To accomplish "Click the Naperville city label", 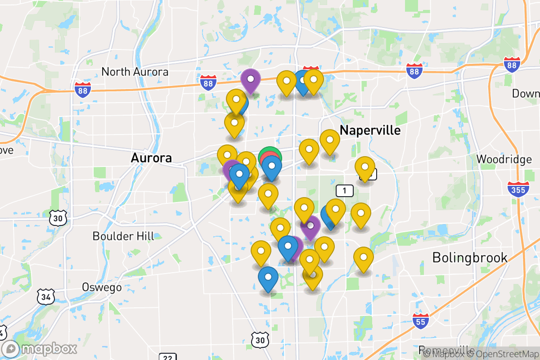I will (x=370, y=130).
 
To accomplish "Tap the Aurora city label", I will (x=151, y=158).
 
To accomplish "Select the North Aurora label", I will (x=135, y=72).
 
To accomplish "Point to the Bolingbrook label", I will (x=470, y=257).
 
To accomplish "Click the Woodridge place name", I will (x=504, y=159).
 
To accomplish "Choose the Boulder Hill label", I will (x=123, y=236).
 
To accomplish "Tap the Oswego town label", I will (x=102, y=287).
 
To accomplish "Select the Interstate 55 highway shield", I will (x=420, y=320).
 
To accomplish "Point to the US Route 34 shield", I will (x=45, y=297).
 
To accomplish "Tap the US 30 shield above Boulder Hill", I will (x=59, y=218).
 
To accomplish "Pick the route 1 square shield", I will (x=345, y=191).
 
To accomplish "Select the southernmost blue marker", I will (x=268, y=278).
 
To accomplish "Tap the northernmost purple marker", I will (x=250, y=80).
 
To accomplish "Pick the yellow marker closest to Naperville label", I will (x=329, y=140).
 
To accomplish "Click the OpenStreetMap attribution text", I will (x=500, y=354).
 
